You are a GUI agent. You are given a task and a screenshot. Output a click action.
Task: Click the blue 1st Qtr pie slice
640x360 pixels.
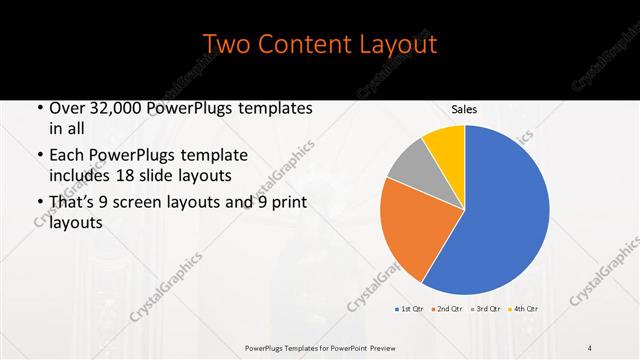tap(500, 210)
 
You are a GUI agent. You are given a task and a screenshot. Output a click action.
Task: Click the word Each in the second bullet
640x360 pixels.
tap(67, 156)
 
